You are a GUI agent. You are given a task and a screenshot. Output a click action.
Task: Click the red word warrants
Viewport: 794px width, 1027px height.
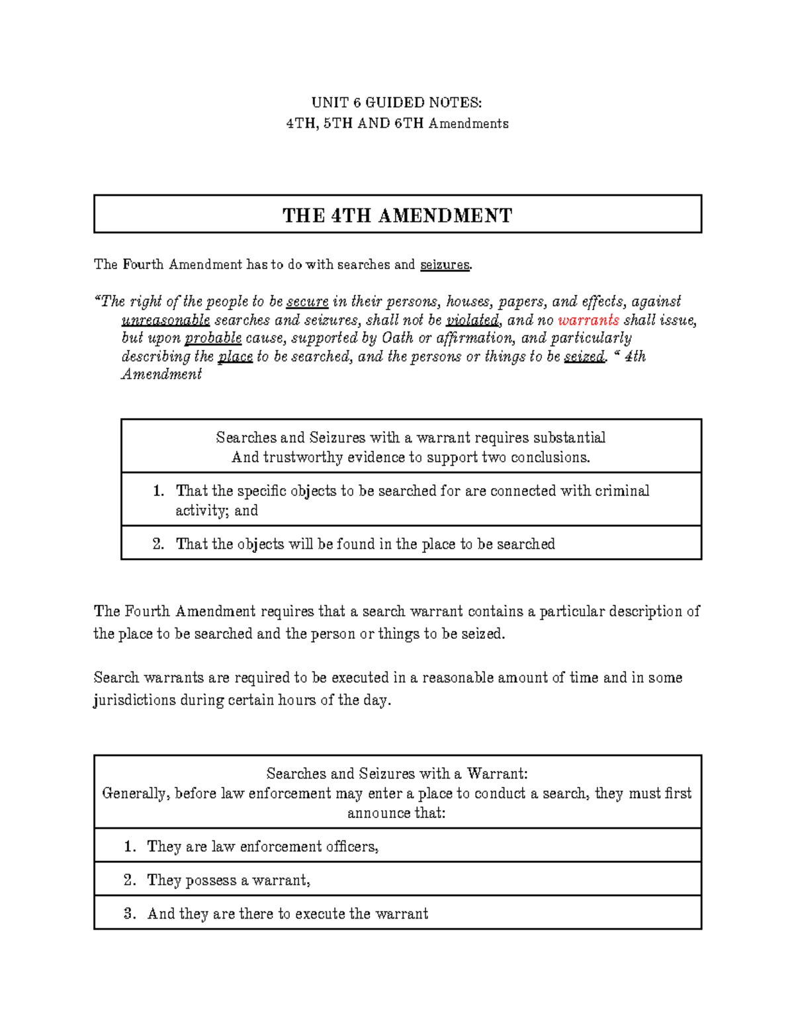point(588,320)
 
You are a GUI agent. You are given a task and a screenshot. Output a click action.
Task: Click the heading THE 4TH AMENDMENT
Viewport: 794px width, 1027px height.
point(397,216)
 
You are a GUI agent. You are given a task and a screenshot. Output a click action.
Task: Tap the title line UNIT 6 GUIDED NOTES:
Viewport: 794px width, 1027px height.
point(397,103)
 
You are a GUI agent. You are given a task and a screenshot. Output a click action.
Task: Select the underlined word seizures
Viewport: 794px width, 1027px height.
point(445,265)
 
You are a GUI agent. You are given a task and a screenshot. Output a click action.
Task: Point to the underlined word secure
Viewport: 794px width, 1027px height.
point(307,302)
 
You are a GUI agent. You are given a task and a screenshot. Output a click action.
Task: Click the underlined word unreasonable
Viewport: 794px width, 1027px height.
point(165,320)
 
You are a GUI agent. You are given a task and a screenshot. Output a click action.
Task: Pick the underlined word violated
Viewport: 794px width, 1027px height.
point(472,320)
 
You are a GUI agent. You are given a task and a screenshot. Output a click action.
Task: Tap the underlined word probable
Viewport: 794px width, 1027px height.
point(213,338)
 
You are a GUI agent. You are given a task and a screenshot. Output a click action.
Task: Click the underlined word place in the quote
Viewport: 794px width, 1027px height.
point(235,356)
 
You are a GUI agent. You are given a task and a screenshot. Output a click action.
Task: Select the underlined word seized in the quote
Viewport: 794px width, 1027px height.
point(584,356)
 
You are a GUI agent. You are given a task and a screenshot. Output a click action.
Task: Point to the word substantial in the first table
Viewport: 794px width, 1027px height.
point(569,438)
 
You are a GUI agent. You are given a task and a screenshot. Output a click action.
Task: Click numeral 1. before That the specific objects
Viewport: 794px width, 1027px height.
point(158,491)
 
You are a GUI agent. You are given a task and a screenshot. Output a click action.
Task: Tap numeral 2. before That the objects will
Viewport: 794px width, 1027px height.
point(158,544)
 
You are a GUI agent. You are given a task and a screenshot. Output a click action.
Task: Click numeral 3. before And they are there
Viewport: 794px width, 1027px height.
point(130,914)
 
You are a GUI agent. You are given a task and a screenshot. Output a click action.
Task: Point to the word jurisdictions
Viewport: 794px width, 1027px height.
point(134,700)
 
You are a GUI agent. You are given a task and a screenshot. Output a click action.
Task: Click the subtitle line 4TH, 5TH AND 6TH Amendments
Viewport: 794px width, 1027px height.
point(397,124)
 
